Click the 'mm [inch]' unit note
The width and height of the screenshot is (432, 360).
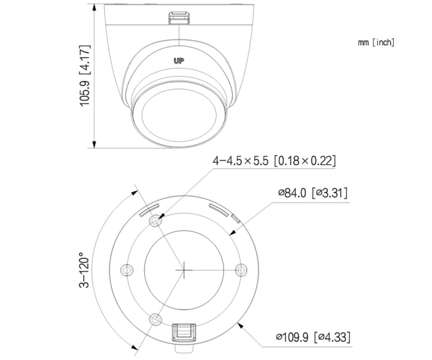pyautogui.click(x=375, y=43)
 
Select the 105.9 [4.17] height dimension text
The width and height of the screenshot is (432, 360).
pyautogui.click(x=85, y=75)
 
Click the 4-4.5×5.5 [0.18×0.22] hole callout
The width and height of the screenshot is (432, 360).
pyautogui.click(x=274, y=161)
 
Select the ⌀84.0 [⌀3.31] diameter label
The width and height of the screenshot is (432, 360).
pyautogui.click(x=312, y=193)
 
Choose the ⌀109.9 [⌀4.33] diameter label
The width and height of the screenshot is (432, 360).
pyautogui.click(x=315, y=337)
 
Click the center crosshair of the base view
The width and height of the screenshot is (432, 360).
pyautogui.click(x=185, y=270)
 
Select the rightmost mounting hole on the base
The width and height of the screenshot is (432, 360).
pyautogui.click(x=241, y=270)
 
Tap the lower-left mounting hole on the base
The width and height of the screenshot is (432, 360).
pyautogui.click(x=156, y=319)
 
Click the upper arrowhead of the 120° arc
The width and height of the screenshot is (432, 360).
pyautogui.click(x=135, y=190)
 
